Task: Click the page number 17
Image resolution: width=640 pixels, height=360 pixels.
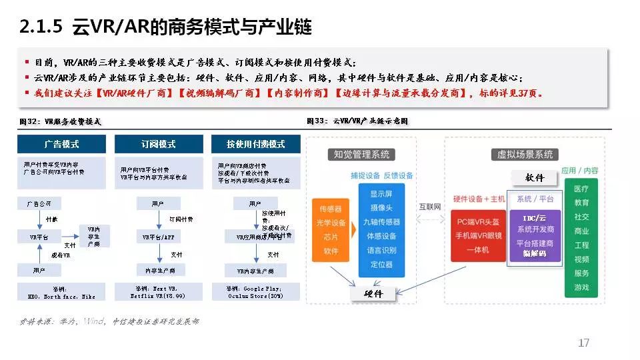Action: click(x=583, y=343)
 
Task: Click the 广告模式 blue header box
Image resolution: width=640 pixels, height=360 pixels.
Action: click(x=61, y=144)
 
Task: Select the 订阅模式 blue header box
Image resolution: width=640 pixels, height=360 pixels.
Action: click(x=159, y=144)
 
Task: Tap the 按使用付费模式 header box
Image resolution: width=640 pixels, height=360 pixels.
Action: click(x=255, y=144)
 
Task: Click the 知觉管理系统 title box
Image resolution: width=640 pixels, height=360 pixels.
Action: click(x=361, y=155)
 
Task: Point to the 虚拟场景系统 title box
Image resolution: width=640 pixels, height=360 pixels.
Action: click(x=525, y=155)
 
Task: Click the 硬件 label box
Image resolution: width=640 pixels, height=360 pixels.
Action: click(x=374, y=293)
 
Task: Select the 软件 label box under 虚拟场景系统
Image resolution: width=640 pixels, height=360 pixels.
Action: click(x=535, y=177)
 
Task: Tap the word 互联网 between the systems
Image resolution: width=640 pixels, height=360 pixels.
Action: click(x=430, y=207)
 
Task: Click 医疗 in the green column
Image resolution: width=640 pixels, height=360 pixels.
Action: click(x=581, y=189)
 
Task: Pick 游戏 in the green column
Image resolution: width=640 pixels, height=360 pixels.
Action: click(x=581, y=287)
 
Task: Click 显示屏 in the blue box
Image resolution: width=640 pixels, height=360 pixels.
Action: click(x=381, y=193)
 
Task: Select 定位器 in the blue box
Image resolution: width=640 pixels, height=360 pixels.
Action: click(x=381, y=265)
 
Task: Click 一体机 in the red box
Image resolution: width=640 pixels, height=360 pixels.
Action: click(x=477, y=250)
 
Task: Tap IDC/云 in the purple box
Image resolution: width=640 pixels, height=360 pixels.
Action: click(x=534, y=217)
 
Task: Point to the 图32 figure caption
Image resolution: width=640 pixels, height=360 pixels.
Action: click(x=61, y=122)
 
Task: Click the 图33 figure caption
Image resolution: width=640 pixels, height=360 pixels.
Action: click(x=357, y=121)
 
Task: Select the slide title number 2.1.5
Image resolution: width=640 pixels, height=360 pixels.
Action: click(x=41, y=27)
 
